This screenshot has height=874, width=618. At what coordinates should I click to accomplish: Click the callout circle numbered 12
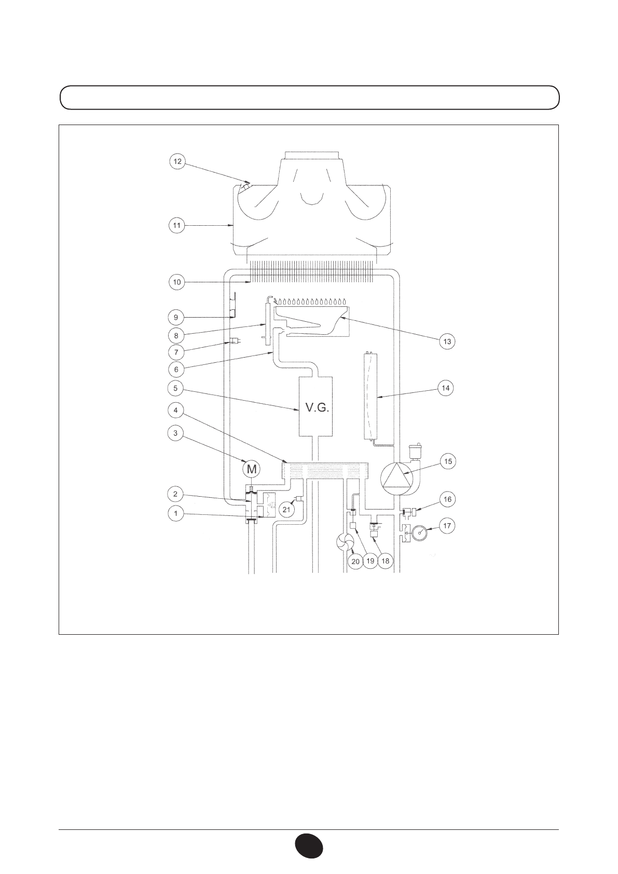[177, 161]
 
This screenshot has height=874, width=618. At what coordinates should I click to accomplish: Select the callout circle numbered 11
[177, 226]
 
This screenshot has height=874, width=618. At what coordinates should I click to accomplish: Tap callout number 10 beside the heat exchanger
[177, 282]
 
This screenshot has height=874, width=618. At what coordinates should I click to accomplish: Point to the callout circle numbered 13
[447, 342]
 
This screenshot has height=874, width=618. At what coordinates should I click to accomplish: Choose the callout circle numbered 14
[446, 388]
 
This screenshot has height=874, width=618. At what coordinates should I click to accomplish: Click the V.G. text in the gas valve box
[317, 408]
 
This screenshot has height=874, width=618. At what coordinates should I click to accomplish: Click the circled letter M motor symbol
[252, 469]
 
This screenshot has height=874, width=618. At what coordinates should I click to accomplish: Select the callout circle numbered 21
[286, 510]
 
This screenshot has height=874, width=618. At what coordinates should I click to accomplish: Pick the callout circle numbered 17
[447, 526]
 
